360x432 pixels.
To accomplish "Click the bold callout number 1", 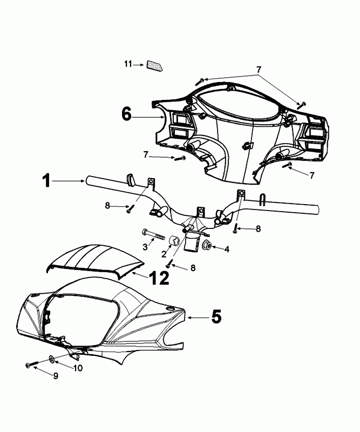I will (47, 181).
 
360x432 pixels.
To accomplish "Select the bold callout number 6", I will (126, 114).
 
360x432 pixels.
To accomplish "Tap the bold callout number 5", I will (216, 317).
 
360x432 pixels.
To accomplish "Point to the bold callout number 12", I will (159, 278).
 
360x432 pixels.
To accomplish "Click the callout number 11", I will (127, 65).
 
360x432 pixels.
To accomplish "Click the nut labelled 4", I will (206, 246).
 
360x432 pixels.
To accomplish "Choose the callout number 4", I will (227, 249).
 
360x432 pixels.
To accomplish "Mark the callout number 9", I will (55, 376).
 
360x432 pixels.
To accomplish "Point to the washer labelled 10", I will (52, 359).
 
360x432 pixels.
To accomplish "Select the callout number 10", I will (77, 368).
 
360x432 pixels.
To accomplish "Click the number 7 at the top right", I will (259, 69).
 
